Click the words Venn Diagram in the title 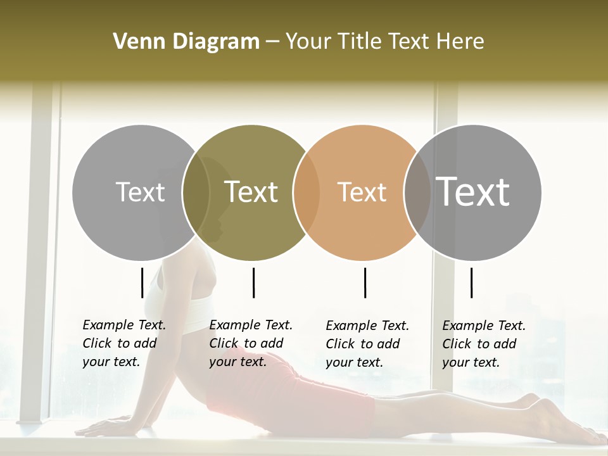186,42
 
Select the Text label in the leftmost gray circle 140,192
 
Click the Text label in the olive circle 251,192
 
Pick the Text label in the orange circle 362,192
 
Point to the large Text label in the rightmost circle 473,191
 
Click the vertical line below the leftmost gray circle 142,282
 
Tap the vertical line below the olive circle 253,282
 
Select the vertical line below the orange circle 365,282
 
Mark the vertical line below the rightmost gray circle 472,282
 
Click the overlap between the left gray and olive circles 196,192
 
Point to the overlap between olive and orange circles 307,192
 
